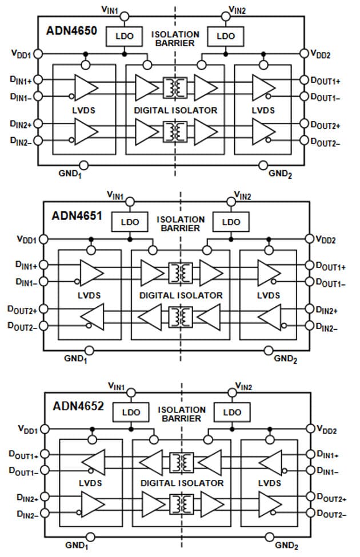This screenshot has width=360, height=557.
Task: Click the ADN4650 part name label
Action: [72, 29]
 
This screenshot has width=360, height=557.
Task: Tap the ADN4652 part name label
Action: [78, 406]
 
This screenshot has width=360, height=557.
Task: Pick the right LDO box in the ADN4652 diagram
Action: [231, 412]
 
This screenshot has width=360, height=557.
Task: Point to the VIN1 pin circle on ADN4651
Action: [131, 201]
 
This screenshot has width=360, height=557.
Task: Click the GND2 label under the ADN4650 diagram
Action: [280, 173]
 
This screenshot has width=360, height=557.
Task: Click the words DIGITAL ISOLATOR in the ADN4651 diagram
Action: [181, 295]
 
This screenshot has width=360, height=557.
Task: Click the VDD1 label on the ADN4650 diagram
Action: [21, 53]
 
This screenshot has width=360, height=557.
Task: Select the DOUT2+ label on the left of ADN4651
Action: [22, 310]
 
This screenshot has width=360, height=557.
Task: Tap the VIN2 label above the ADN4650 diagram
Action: [237, 9]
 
